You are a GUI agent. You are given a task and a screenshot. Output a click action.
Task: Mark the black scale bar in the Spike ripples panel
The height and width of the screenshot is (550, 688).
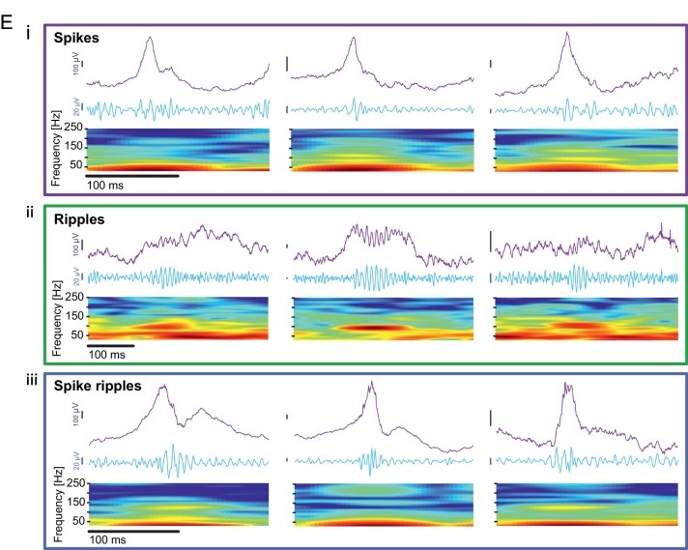133,531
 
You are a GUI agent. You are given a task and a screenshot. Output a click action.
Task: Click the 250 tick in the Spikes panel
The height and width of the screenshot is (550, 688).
69,128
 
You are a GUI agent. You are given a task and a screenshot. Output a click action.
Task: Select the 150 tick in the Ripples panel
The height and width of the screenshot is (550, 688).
69,316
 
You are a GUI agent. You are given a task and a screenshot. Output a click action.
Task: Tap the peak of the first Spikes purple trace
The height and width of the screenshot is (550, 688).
149,38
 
